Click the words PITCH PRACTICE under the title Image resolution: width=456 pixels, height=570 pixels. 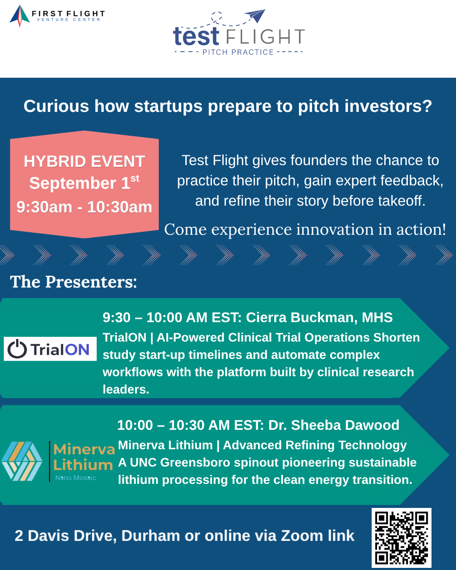pos(238,52)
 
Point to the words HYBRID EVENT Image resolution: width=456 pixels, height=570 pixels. pos(84,161)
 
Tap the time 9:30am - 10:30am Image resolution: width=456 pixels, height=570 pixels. pos(84,207)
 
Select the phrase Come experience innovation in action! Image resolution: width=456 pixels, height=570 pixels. pos(305,229)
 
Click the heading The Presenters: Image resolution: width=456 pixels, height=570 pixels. pos(73,282)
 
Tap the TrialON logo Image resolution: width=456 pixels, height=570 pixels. pos(50,349)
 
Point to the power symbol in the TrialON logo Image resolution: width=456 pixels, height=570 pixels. pos(17,349)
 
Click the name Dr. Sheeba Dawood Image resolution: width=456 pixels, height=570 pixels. pos(334,425)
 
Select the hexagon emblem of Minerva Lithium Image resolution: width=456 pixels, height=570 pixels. pos(22,461)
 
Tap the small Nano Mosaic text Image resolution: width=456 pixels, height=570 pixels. pos(76,478)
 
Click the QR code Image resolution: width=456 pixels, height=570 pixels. pos(402,537)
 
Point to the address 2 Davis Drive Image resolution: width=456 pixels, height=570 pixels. pos(65,536)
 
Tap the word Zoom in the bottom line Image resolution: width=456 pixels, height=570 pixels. pos(302,536)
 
